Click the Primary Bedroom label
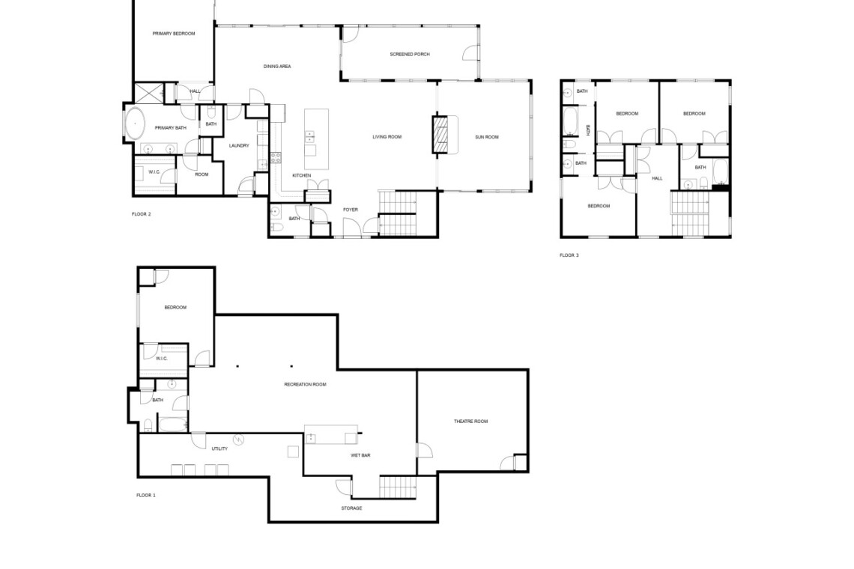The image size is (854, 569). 174,34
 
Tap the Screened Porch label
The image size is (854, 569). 410,55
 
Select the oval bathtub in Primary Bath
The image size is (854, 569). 135,124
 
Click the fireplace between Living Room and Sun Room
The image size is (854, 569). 440,135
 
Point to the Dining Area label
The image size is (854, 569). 277,67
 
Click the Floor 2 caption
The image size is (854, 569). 141,214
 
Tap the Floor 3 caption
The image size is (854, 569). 569,255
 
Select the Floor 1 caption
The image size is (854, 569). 146,496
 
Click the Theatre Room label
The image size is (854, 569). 471,422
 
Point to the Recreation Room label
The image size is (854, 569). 305,384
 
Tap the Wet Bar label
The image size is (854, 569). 360,455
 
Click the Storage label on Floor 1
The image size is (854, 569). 351,508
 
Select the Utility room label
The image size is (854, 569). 219,448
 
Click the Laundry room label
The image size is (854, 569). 239,145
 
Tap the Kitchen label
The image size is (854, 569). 302,175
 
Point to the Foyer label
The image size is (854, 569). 350,210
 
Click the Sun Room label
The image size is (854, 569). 487,137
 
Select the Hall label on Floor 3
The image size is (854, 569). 658,178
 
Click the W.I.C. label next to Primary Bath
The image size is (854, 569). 154,172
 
